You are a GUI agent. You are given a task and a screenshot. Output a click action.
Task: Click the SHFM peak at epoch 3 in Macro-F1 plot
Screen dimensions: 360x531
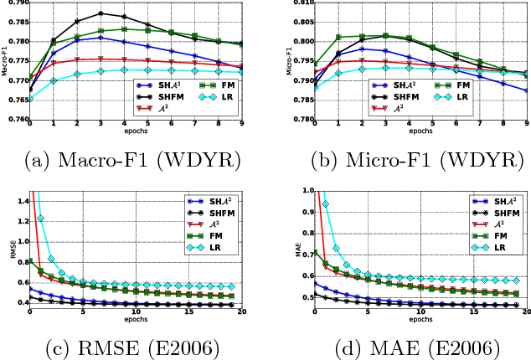(101, 13)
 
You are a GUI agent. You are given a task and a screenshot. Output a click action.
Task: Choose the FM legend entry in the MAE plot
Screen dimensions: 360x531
(490, 235)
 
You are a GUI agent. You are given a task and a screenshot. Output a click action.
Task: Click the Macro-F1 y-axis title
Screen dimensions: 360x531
(4, 61)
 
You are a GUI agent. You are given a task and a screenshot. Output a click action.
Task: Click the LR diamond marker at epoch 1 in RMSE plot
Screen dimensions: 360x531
(40, 219)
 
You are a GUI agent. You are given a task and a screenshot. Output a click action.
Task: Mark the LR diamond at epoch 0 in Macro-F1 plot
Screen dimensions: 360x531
(30, 100)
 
